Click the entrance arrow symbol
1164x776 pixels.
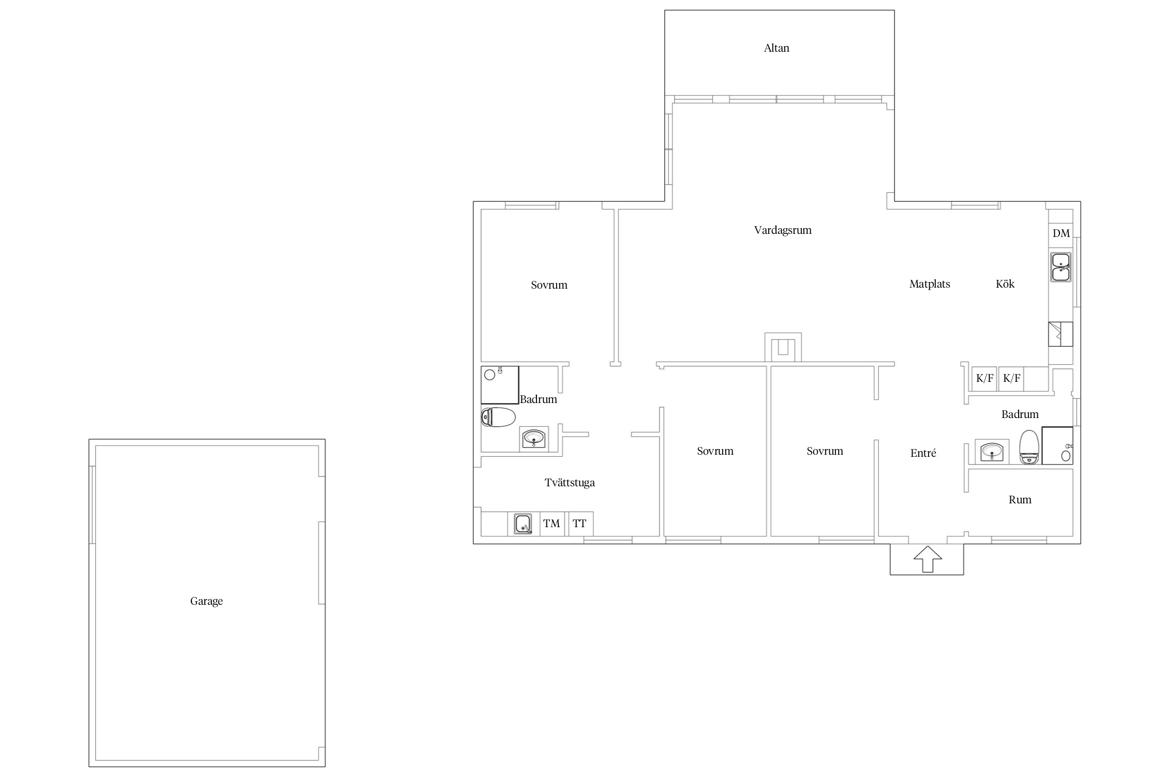coord(927,559)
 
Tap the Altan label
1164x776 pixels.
coord(777,48)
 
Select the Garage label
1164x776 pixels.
coord(206,601)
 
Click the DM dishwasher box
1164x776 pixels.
coord(1061,233)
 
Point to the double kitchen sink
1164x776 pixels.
coord(1061,267)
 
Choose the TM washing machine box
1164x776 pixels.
coord(551,524)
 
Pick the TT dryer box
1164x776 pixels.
coord(579,524)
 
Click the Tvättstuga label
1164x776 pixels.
coord(570,483)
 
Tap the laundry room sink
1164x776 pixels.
coord(523,524)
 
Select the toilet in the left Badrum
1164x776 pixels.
coord(498,417)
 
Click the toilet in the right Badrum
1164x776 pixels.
coord(1029,447)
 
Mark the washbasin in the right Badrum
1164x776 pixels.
coord(992,452)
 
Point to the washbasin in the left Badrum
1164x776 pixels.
coord(534,439)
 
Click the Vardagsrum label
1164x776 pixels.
coord(783,230)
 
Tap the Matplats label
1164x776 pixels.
coord(930,284)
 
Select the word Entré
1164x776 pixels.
coord(923,453)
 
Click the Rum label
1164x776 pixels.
coord(1020,500)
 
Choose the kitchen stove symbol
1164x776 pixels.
coord(1061,334)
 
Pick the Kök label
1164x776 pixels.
coord(1005,284)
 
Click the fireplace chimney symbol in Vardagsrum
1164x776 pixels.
coord(783,347)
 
